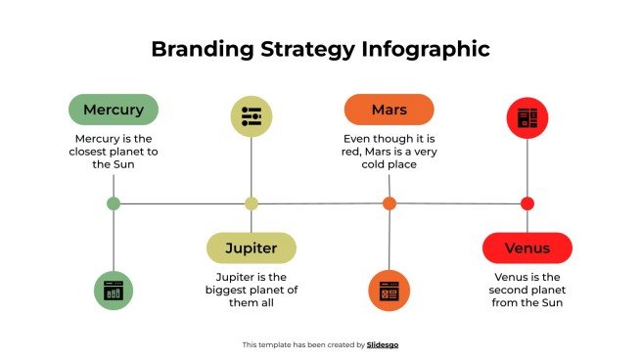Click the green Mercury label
(113, 110)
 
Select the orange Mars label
(389, 110)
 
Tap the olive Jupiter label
(251, 248)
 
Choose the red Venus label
(527, 248)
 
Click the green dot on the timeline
(114, 203)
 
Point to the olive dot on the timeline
(252, 203)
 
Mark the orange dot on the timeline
(389, 203)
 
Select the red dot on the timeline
(527, 203)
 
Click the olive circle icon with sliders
(252, 116)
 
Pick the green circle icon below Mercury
(114, 291)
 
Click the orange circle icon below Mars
(389, 291)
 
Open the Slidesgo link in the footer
(383, 344)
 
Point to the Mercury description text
(113, 152)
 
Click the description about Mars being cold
(389, 152)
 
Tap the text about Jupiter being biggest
(251, 290)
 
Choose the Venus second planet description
(527, 290)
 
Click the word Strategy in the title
(310, 49)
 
